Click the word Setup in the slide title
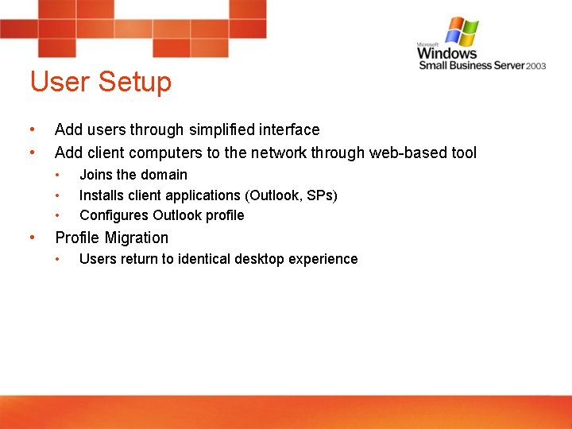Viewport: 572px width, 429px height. (x=134, y=83)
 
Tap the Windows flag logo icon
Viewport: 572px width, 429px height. (x=462, y=32)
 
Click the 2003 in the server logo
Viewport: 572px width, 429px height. (x=536, y=66)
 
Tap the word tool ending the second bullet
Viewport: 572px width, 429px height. (x=462, y=153)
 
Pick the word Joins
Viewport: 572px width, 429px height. (x=96, y=175)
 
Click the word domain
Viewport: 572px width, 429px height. (x=164, y=175)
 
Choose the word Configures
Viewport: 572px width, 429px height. (x=114, y=215)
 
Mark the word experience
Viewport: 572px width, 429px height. (x=325, y=259)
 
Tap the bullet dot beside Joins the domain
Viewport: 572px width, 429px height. (x=58, y=174)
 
